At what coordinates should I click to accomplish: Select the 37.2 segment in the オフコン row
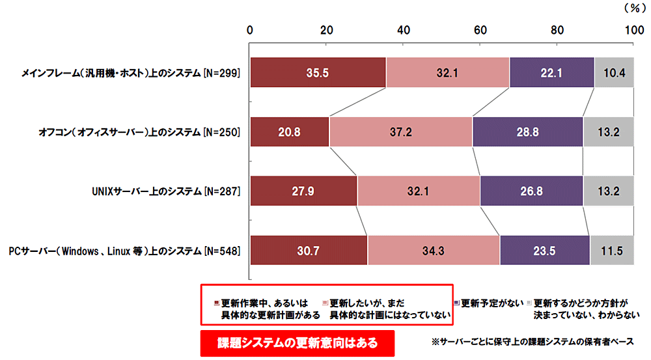coord(400,132)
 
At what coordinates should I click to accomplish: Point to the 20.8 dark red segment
coord(290,132)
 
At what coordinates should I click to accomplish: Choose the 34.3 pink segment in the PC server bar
coord(434,250)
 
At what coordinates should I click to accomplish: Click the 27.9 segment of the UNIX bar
coord(303,191)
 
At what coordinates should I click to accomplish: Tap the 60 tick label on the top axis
coord(480,30)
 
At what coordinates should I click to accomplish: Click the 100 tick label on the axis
coord(633,30)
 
